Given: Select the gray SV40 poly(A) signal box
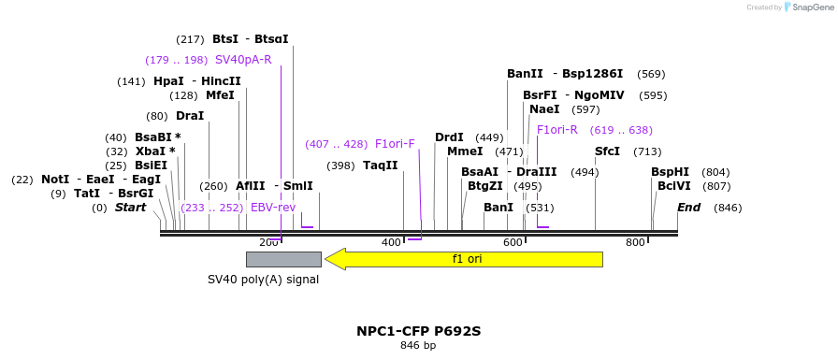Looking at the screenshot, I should click(283, 259).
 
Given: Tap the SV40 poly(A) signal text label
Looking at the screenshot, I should click(263, 279).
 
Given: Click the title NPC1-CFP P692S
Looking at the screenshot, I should click(418, 331).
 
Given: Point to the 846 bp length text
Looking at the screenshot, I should click(418, 346).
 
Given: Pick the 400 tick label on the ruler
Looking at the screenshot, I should click(391, 243).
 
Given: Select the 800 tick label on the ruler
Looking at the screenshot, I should click(635, 243).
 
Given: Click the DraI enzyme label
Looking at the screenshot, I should click(190, 116).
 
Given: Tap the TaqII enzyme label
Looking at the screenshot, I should click(381, 166).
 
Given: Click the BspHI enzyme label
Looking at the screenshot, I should click(670, 172).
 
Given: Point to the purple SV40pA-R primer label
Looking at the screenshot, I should click(243, 60).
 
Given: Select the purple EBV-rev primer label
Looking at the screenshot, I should click(273, 208).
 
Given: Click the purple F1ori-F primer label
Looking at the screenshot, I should click(395, 144).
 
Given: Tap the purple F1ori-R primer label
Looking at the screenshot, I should click(557, 130).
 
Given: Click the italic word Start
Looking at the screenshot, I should click(130, 208).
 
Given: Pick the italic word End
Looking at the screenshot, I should click(688, 208).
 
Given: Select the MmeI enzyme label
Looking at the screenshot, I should click(465, 151).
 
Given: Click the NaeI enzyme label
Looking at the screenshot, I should click(544, 109).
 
